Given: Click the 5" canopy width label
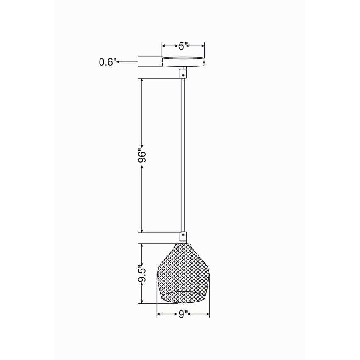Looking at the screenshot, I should click(x=183, y=46).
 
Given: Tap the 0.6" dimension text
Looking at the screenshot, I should click(x=107, y=62).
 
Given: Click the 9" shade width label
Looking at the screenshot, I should click(x=183, y=314).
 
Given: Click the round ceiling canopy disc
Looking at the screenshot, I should click(x=183, y=61).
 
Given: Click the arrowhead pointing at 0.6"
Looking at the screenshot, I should click(x=119, y=62).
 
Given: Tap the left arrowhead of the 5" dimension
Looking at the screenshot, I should click(x=164, y=46).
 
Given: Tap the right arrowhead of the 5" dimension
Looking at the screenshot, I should click(x=202, y=46).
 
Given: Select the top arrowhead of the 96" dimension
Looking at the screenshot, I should click(x=142, y=80).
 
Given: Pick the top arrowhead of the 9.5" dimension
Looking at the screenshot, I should click(x=142, y=246).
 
